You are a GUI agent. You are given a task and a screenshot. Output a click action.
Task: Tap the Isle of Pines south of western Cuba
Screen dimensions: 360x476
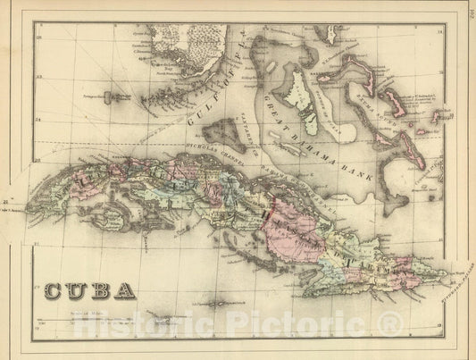[115, 217]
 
